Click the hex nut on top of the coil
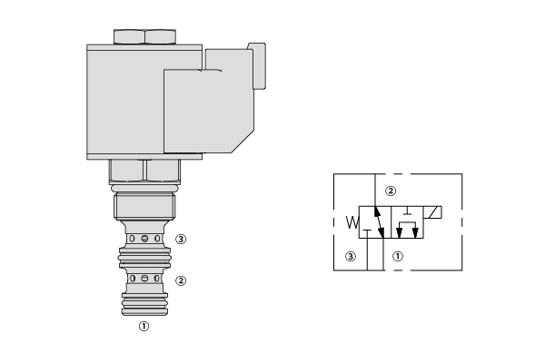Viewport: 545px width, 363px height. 144,37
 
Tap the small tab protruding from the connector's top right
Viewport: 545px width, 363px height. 258,66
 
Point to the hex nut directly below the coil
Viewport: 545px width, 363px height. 144,171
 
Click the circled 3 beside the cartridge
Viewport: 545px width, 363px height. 181,239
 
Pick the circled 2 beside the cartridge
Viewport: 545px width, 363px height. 181,280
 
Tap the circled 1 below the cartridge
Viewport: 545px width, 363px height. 144,326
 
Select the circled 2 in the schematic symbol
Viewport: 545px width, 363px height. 391,191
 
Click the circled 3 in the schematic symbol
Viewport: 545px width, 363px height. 351,256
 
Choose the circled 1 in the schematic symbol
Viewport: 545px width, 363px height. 398,256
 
